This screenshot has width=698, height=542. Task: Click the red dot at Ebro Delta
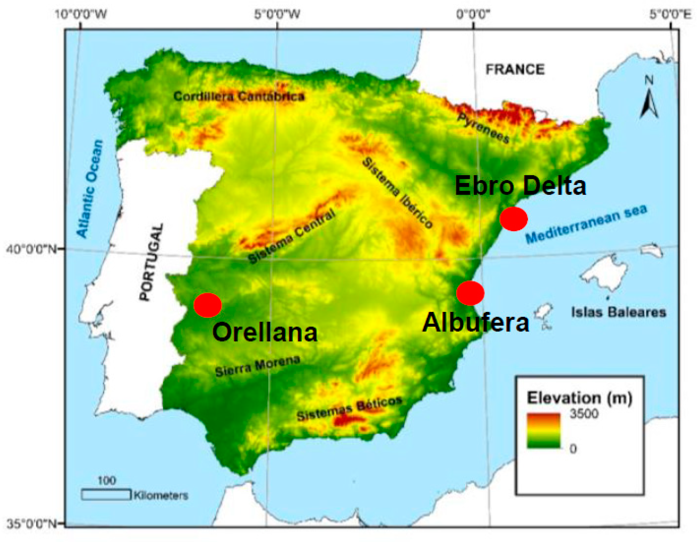513,219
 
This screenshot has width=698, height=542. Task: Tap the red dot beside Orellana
208,305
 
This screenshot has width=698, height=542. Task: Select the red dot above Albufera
470,293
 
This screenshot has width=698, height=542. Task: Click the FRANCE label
515,69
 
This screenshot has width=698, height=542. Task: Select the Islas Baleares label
619,312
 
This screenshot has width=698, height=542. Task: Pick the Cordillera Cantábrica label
239,96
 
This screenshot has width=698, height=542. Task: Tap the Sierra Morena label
257,366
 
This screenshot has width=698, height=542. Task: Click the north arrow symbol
649,102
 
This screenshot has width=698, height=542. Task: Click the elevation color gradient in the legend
544,430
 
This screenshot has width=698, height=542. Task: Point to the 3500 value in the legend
584,414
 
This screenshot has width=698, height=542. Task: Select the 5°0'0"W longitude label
277,14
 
